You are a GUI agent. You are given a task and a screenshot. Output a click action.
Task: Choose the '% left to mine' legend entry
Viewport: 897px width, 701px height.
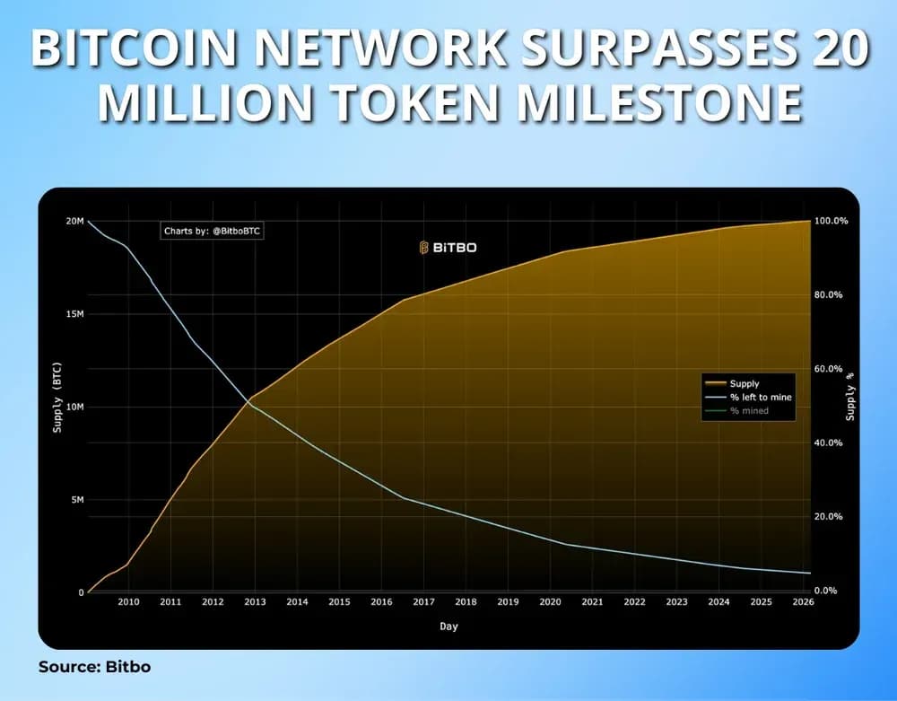click(761, 397)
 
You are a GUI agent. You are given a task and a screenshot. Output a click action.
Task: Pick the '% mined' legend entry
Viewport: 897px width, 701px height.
click(749, 410)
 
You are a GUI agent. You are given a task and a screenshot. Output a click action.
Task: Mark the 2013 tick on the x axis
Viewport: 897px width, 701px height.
click(255, 602)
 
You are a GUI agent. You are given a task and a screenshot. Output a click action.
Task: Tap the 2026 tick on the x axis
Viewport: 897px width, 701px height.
click(803, 602)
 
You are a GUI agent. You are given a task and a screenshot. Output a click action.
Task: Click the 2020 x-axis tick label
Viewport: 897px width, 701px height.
click(550, 602)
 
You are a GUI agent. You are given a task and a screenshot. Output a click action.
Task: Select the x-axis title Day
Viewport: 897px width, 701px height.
click(449, 627)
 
